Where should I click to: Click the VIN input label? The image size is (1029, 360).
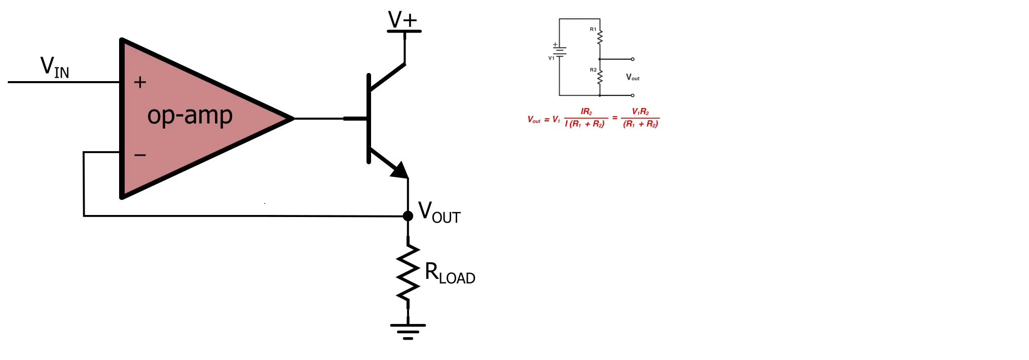(55, 67)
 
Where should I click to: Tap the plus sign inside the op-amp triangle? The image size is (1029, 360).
(140, 82)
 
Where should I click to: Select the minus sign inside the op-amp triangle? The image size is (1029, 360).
(140, 155)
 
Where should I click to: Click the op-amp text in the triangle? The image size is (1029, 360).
(190, 115)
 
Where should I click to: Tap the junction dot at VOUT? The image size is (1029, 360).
(408, 216)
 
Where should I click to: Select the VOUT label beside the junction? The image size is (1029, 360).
(439, 212)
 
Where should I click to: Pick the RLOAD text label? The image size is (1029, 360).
(450, 273)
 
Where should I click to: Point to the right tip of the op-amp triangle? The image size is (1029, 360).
(293, 119)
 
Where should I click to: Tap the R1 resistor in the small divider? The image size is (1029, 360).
(600, 37)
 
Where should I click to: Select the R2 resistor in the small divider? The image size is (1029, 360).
(600, 77)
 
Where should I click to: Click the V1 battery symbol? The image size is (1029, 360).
(560, 51)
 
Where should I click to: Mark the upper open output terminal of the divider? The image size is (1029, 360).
(633, 59)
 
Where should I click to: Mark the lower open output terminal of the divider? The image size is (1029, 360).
(633, 95)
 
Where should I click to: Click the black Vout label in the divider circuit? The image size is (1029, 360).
(633, 77)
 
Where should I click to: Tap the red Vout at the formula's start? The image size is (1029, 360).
(534, 120)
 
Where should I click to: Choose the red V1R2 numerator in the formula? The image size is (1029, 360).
(640, 112)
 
